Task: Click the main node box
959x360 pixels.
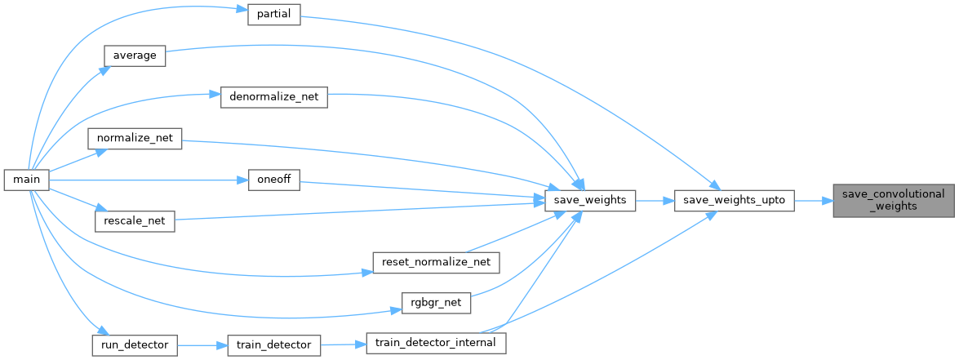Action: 26,180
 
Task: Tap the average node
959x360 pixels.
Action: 135,56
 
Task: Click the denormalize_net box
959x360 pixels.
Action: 274,97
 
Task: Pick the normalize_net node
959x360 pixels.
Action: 135,138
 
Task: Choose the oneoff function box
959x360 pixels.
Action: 274,180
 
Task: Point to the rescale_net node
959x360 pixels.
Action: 135,220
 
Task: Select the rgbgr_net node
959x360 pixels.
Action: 437,303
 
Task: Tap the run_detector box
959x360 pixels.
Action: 135,344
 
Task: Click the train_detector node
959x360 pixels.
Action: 273,344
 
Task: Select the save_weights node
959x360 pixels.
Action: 589,200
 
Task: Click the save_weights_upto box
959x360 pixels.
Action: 735,200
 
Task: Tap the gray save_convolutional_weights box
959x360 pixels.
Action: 893,200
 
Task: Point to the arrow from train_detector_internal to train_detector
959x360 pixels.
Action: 344,344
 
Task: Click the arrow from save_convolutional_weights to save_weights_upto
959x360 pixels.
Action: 813,200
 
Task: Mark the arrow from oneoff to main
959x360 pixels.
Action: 147,180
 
